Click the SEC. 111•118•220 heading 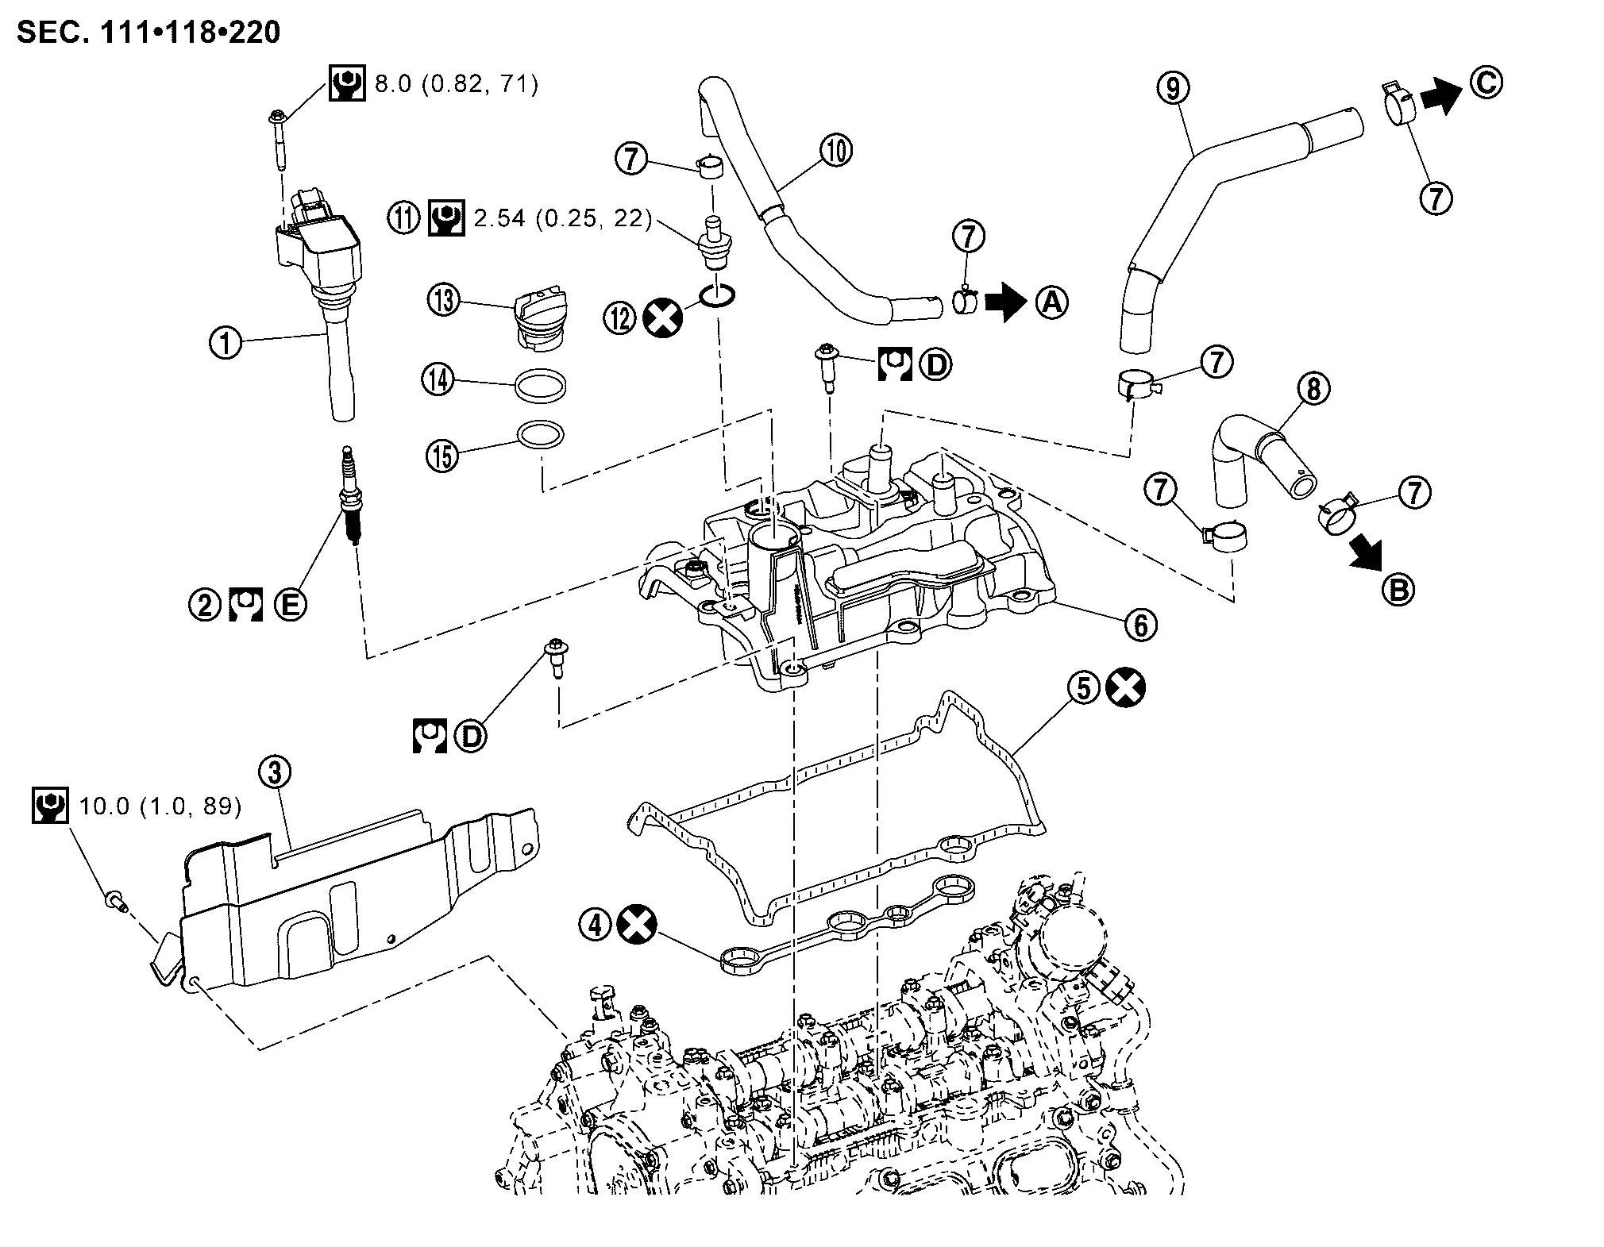click(148, 33)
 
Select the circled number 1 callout click(226, 343)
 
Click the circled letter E click(290, 605)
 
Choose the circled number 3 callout click(276, 771)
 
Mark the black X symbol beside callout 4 click(638, 925)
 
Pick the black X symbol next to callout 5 click(1126, 687)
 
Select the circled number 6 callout click(1140, 625)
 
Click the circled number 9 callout click(1173, 88)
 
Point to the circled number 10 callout click(837, 150)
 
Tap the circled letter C click(1486, 83)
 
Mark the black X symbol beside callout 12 click(663, 318)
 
